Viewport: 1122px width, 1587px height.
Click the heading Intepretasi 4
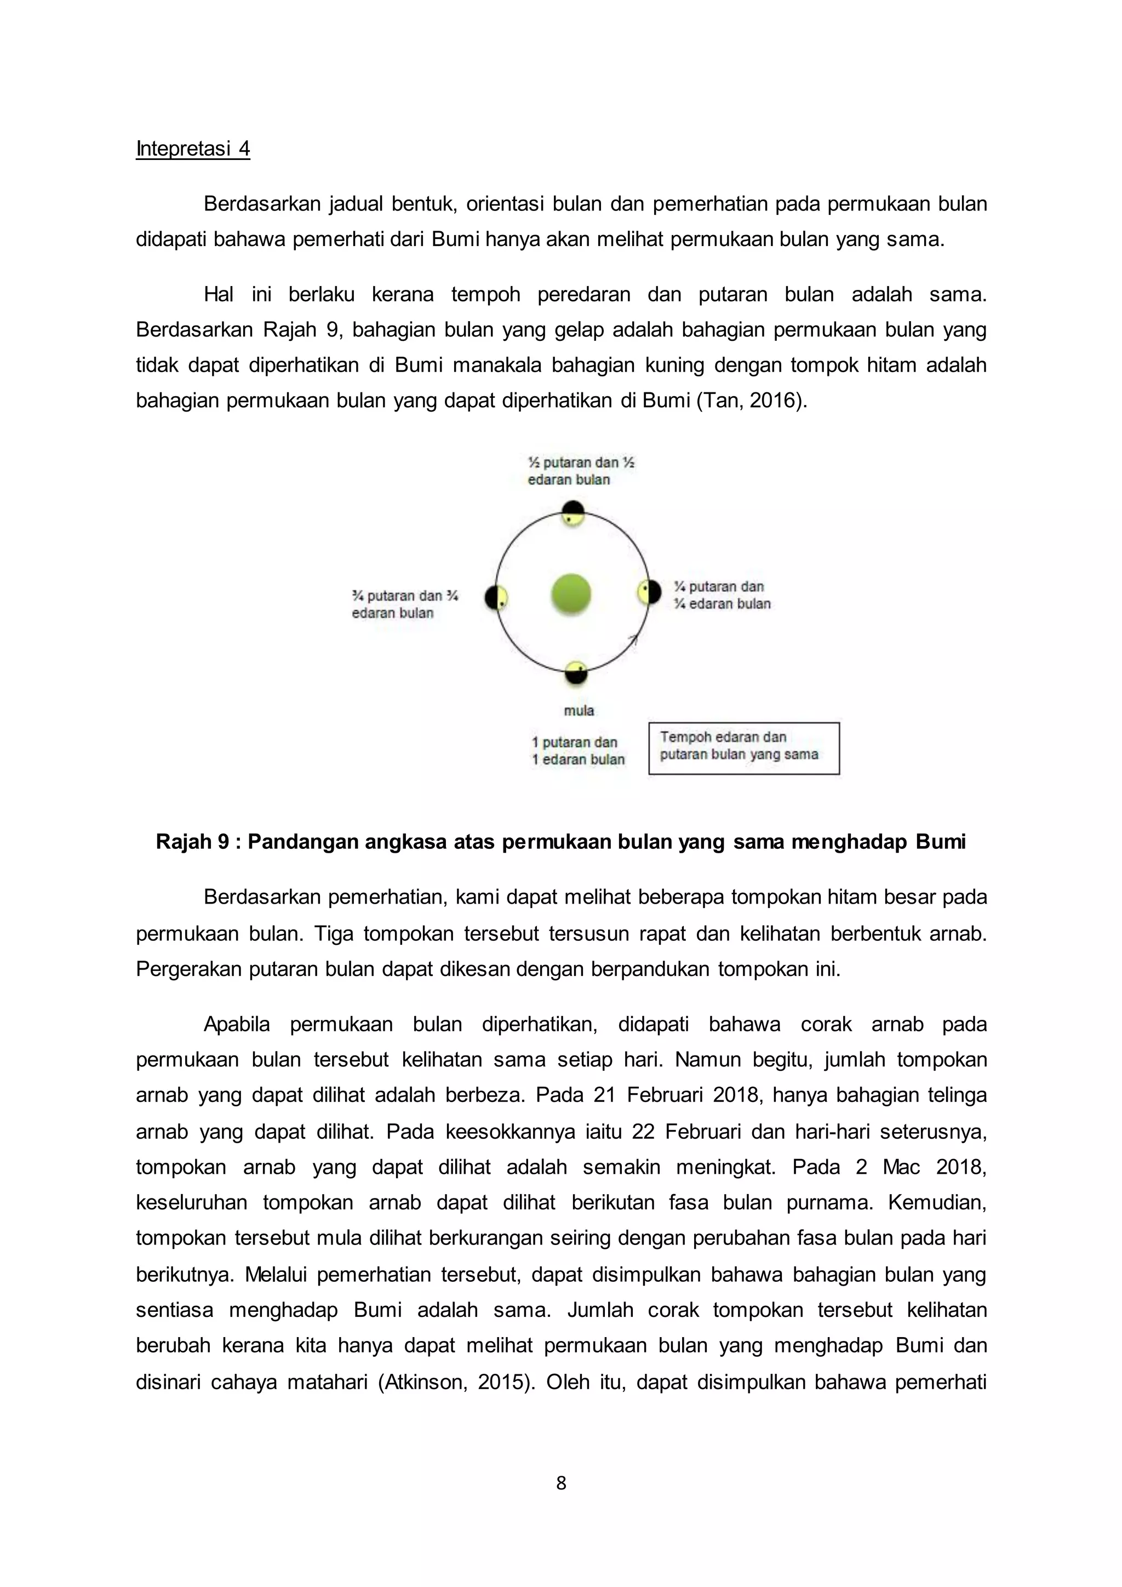(x=193, y=149)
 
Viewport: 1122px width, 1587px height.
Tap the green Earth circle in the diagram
(x=571, y=593)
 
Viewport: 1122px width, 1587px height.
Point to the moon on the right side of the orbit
(x=649, y=592)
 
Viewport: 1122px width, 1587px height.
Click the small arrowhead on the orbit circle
(x=633, y=640)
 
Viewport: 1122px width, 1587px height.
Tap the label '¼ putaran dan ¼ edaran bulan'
(x=722, y=595)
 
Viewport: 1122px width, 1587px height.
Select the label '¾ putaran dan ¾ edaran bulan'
(x=405, y=604)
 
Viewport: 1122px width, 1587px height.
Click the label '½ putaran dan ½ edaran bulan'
(x=580, y=471)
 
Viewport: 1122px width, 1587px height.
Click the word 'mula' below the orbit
(x=579, y=711)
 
